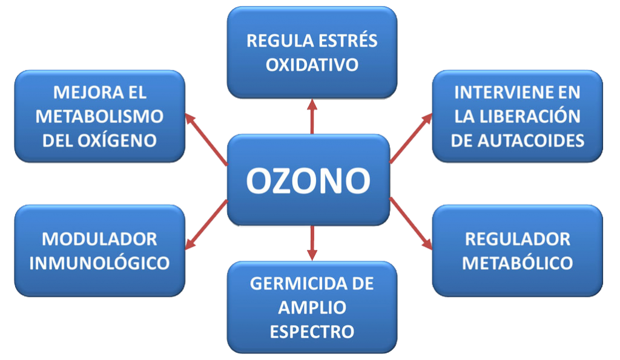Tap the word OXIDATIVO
tap(312, 64)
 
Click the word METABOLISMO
tap(99, 116)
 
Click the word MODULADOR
tap(99, 239)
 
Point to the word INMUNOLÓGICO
tap(99, 263)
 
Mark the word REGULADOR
tap(517, 239)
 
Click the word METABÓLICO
tap(517, 263)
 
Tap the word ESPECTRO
tap(312, 332)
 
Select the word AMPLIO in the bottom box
tap(312, 307)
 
